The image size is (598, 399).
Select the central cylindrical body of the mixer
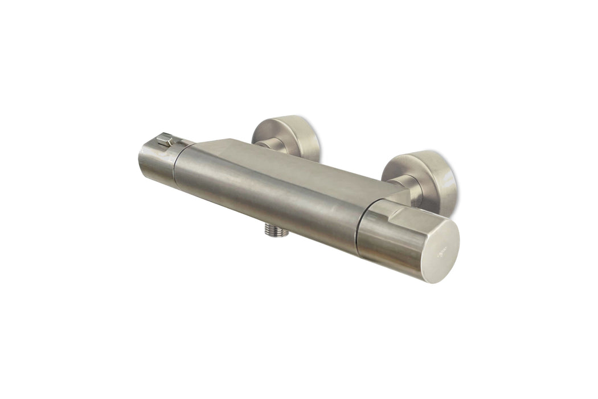click(x=268, y=194)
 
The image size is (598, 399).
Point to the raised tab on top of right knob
click(x=399, y=214)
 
